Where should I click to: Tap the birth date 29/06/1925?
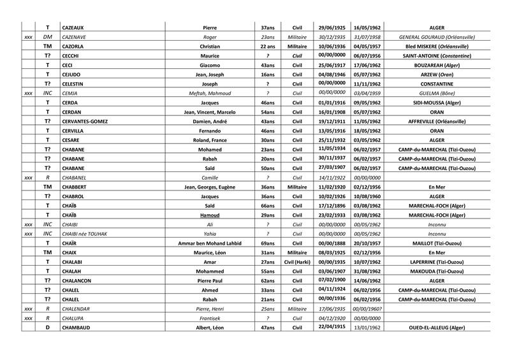tap(331, 28)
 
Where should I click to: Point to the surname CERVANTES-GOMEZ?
tap(85, 121)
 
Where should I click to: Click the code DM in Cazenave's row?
tap(47, 38)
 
